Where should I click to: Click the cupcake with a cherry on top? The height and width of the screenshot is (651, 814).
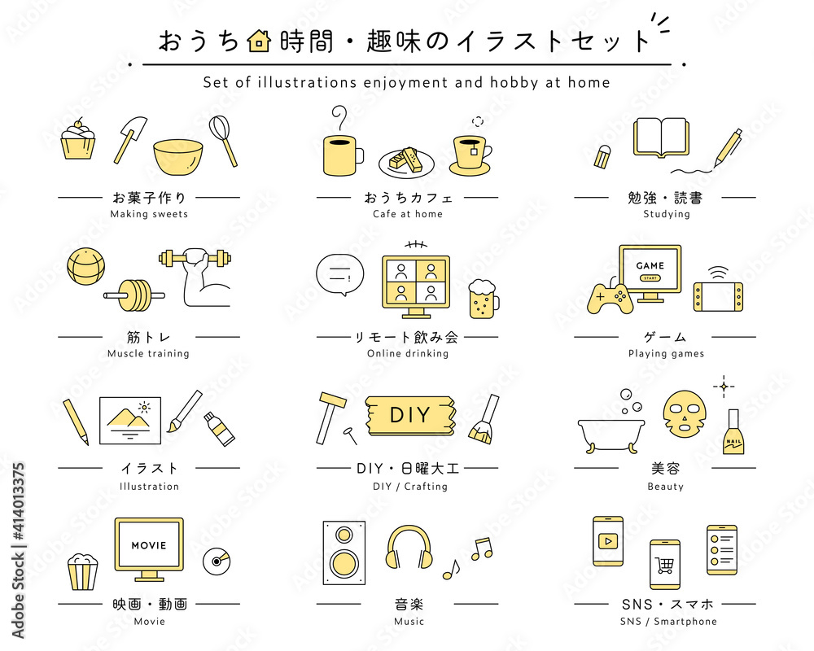(78, 139)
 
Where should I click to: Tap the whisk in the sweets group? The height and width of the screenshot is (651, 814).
(223, 140)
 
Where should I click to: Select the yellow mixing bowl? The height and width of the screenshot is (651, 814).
(177, 157)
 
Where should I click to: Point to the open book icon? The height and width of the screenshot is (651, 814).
(661, 138)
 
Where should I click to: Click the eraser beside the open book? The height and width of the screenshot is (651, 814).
(602, 157)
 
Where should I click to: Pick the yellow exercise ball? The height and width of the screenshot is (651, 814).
(86, 266)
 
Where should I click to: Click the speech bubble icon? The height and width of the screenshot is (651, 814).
(340, 274)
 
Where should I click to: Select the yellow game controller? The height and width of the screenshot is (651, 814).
(610, 299)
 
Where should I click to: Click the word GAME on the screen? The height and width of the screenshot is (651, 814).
(650, 266)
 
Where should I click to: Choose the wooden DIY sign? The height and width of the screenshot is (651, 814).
(410, 415)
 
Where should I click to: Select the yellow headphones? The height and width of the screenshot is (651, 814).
(409, 547)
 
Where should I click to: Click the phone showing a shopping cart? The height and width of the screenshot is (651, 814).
(665, 564)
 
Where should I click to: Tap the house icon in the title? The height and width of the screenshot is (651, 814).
(259, 41)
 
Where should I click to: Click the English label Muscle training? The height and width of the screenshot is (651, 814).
(148, 353)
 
